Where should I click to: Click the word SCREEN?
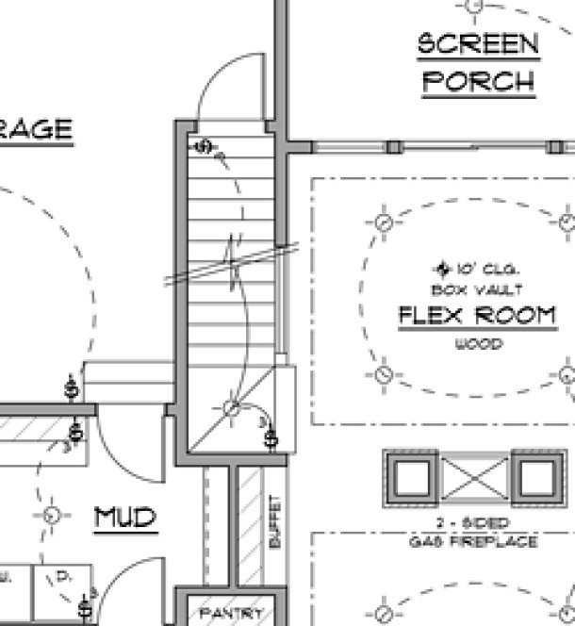(x=478, y=43)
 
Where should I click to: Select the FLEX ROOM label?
(x=477, y=315)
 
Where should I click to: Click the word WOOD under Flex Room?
(x=478, y=345)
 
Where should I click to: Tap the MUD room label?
(x=124, y=517)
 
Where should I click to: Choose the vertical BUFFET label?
(x=275, y=522)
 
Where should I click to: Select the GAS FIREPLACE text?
(x=473, y=542)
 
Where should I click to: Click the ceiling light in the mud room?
(x=51, y=515)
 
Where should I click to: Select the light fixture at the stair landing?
(x=231, y=408)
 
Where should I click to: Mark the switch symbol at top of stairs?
(x=205, y=147)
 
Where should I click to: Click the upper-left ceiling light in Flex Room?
(x=383, y=223)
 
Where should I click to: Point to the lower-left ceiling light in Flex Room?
(x=383, y=374)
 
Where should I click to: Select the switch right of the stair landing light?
(x=271, y=437)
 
